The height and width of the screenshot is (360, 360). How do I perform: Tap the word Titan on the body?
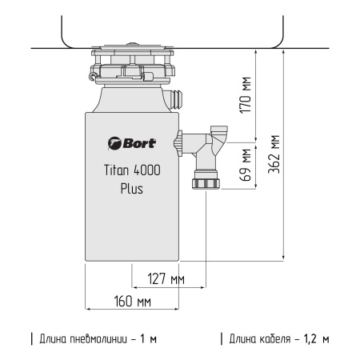(118, 170)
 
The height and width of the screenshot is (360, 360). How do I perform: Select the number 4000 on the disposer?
(150, 170)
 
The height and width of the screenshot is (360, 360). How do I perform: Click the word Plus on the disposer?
(132, 190)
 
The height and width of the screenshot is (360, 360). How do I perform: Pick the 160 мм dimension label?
(133, 302)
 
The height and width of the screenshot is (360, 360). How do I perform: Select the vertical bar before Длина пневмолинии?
(32, 338)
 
